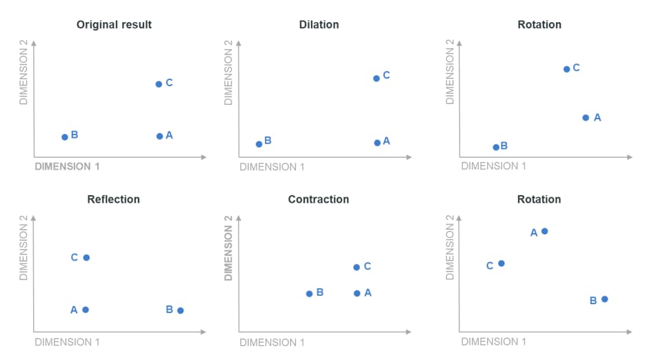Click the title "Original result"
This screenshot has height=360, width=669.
point(114,25)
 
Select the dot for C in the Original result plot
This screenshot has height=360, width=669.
point(159,84)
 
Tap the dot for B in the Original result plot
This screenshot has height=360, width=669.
point(65,137)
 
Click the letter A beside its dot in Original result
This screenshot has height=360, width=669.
point(169,135)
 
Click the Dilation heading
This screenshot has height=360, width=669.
point(319,25)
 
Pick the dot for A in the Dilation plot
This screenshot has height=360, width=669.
point(377,143)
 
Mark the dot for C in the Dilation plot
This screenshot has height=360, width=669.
point(376,79)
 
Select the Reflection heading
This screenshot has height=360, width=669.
point(113,199)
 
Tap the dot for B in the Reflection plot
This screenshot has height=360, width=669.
point(180,310)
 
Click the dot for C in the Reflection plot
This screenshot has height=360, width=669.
point(86,258)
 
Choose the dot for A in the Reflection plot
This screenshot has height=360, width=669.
point(86,310)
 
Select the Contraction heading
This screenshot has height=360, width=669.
point(318,199)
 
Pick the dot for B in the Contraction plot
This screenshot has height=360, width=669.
point(309,294)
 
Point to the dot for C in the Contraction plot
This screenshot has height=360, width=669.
point(357,267)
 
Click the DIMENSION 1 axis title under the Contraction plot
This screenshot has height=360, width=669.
point(272,342)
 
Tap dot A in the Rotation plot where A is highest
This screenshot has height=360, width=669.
point(544,231)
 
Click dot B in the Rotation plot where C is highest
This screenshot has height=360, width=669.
point(496,147)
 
